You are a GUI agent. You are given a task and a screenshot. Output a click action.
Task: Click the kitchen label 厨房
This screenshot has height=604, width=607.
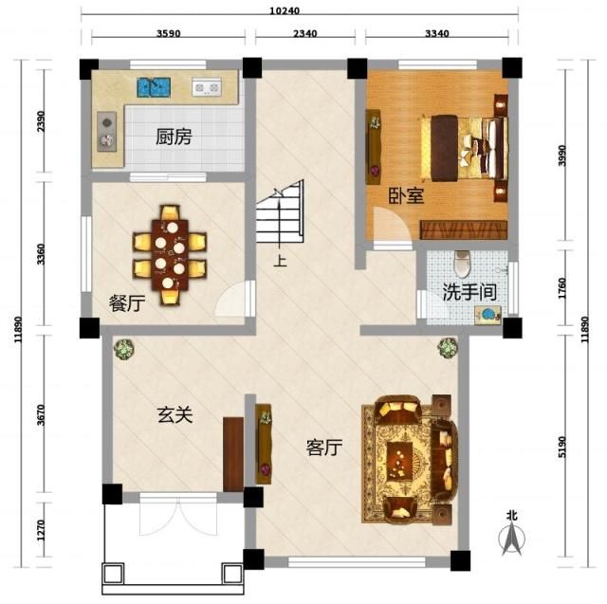pos(174,137)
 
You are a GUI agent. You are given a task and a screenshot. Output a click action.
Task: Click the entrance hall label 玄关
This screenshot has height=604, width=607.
pos(175,414)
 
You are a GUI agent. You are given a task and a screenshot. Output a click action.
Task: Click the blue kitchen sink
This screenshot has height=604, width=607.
pos(153,87)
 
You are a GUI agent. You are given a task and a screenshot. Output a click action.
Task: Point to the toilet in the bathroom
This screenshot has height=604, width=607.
pos(462,261)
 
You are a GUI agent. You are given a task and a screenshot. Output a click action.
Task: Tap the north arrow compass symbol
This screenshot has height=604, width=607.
pos(512,536)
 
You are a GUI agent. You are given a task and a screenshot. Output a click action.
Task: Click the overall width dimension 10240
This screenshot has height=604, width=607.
pos(297,11)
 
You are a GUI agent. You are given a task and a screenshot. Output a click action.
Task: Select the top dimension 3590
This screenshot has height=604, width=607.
pos(168,34)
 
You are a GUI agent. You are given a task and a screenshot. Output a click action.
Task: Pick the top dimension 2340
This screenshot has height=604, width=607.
pos(304,34)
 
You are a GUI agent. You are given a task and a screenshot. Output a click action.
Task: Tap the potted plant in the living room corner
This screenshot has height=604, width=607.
pos(446,348)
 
